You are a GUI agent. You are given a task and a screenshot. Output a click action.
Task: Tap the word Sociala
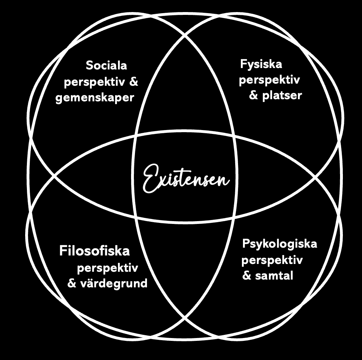106,66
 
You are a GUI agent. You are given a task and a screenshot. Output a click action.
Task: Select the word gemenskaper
95,97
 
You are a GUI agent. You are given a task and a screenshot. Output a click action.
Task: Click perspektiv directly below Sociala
94,83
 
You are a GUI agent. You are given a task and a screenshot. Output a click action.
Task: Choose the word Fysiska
261,64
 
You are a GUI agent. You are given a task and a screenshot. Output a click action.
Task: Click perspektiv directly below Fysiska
269,80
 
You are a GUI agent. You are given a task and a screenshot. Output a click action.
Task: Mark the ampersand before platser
254,96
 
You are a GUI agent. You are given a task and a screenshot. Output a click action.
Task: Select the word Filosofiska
95,251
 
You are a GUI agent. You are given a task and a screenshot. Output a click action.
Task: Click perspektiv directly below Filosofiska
107,268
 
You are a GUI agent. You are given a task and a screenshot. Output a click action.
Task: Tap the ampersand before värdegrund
72,283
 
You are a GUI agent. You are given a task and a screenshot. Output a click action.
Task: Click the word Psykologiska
279,244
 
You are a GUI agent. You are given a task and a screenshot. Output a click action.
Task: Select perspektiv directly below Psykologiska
272,260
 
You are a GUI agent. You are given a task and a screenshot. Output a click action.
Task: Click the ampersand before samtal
247,275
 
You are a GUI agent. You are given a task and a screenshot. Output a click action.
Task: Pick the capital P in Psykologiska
245,244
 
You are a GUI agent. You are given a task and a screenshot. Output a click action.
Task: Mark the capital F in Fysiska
243,64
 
